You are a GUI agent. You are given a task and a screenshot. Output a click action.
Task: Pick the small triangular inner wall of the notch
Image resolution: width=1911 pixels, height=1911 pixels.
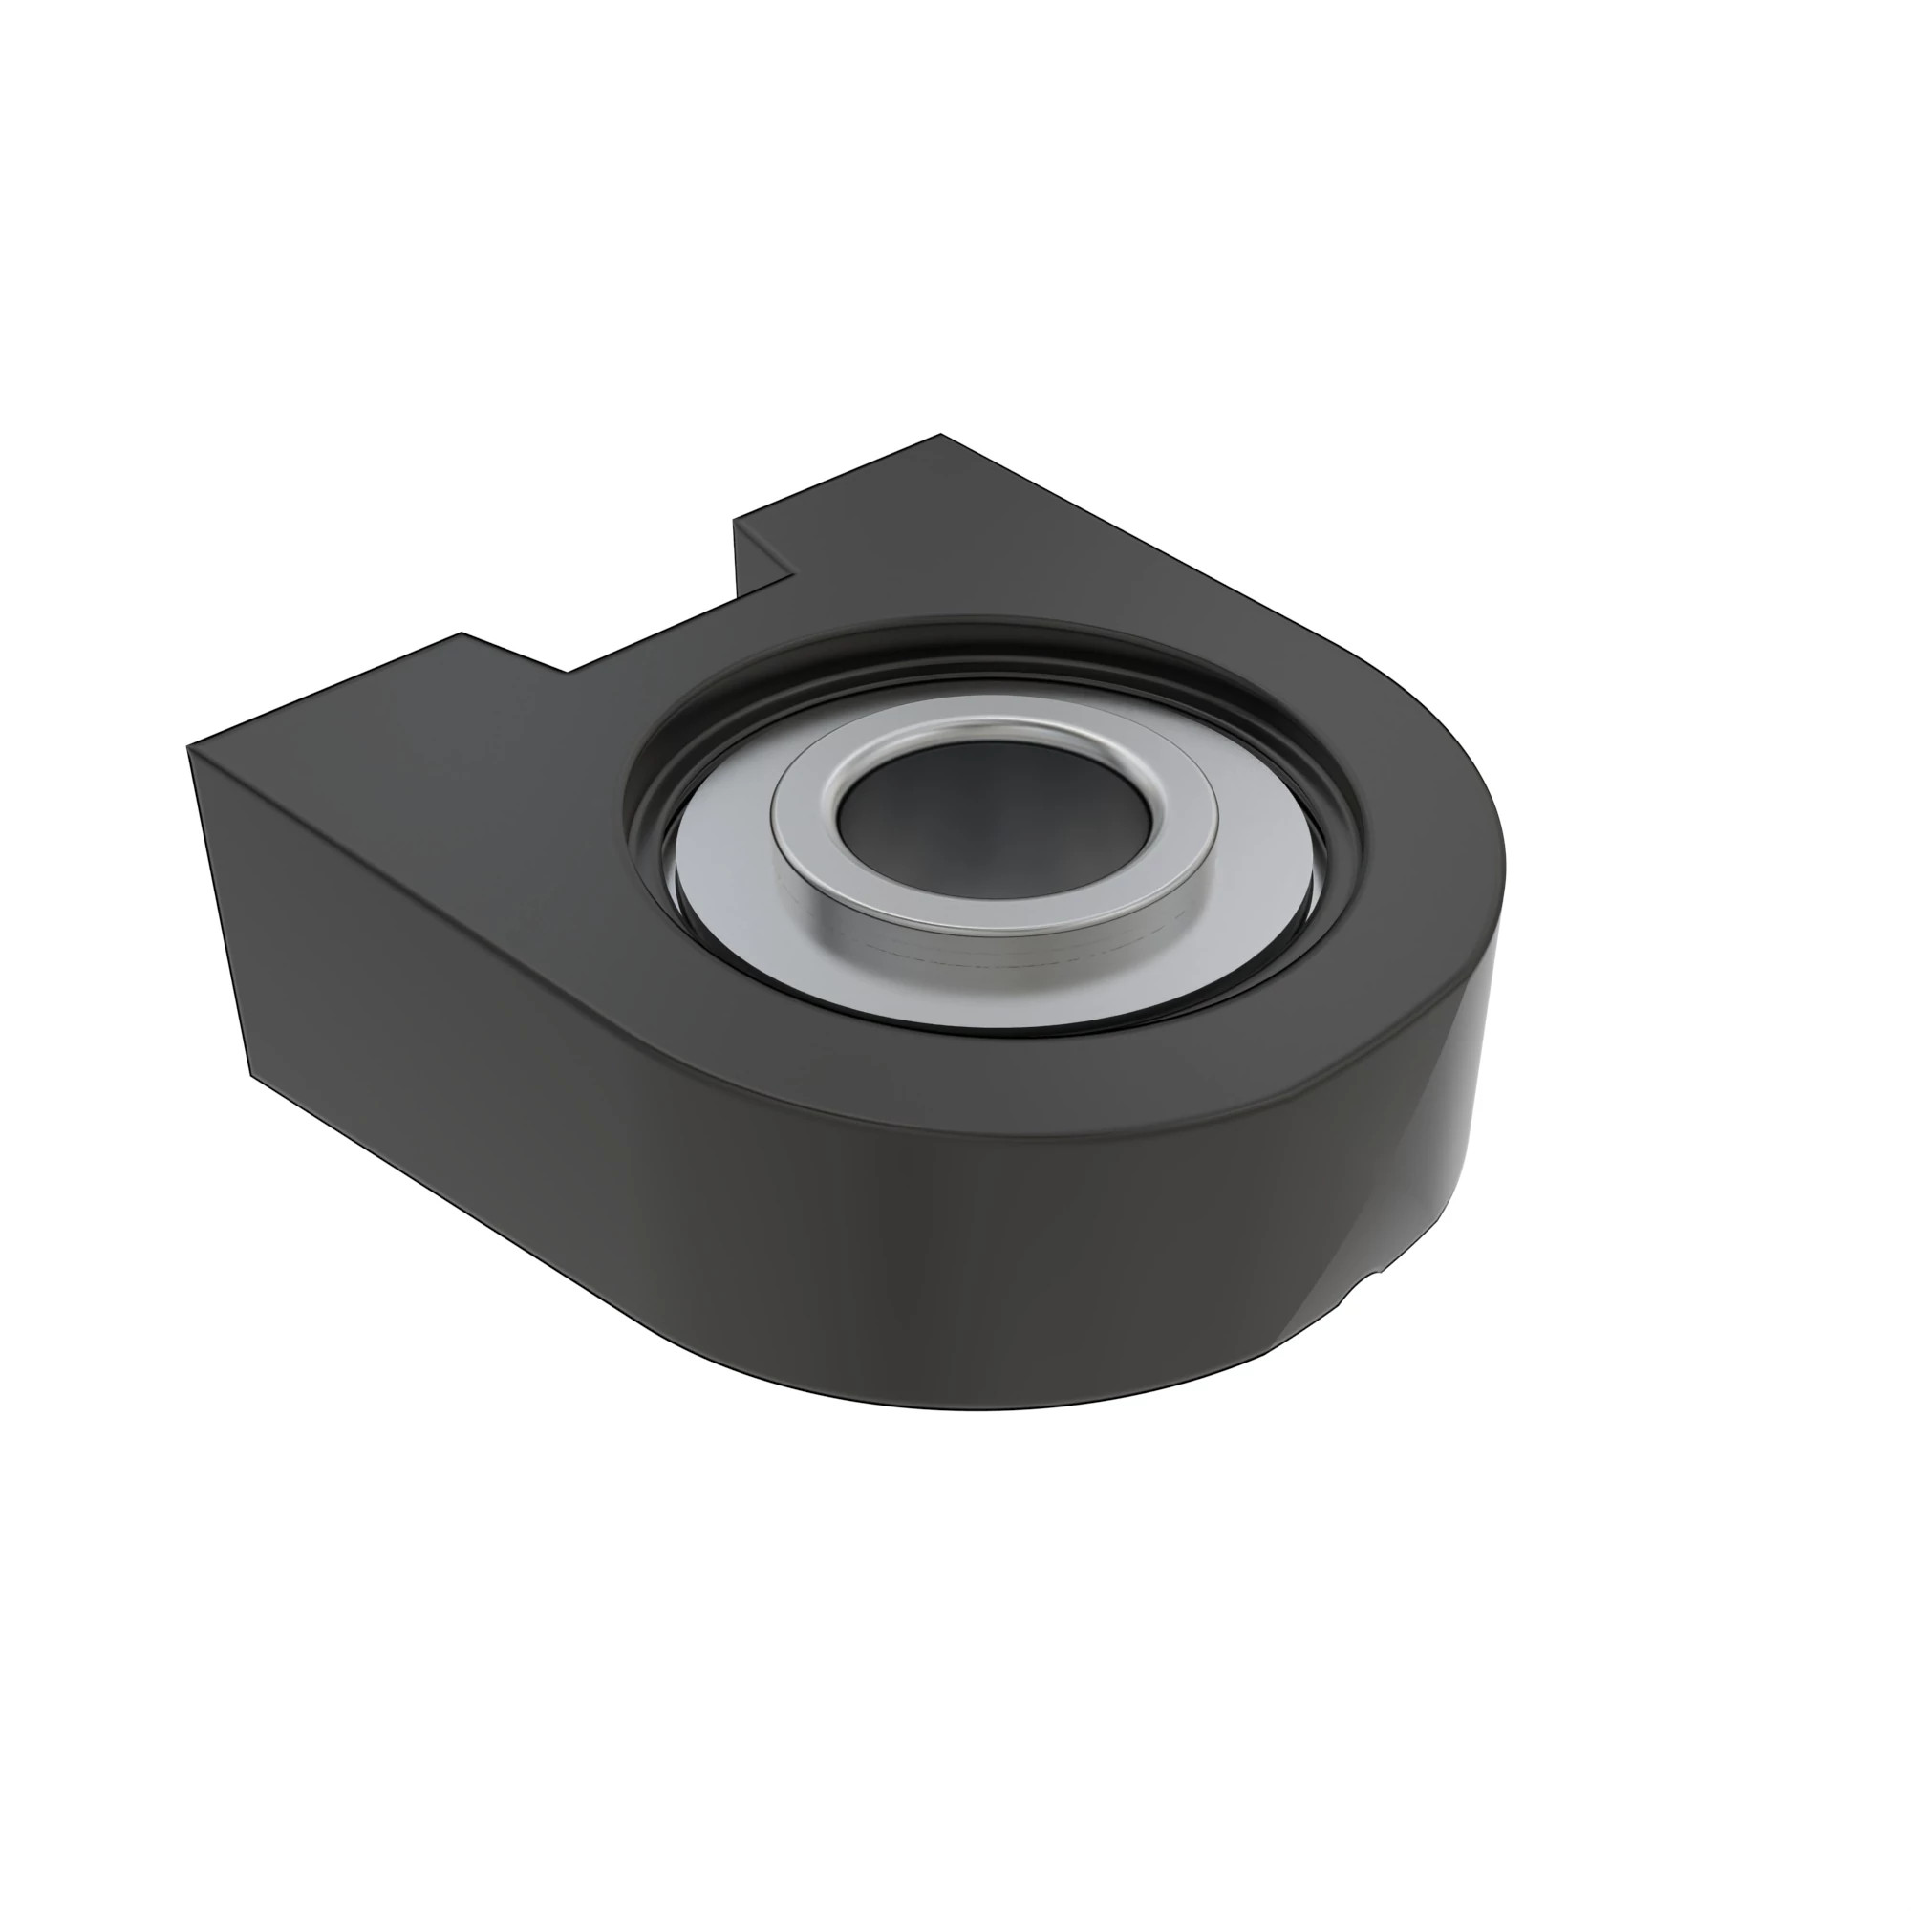click(762, 563)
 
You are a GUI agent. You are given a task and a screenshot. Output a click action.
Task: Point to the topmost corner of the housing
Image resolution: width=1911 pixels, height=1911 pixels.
click(939, 435)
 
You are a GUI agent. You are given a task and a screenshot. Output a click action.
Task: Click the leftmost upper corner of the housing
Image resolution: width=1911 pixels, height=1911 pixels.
click(188, 748)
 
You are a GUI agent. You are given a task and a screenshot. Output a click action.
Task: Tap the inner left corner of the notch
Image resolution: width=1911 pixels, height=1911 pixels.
click(568, 672)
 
